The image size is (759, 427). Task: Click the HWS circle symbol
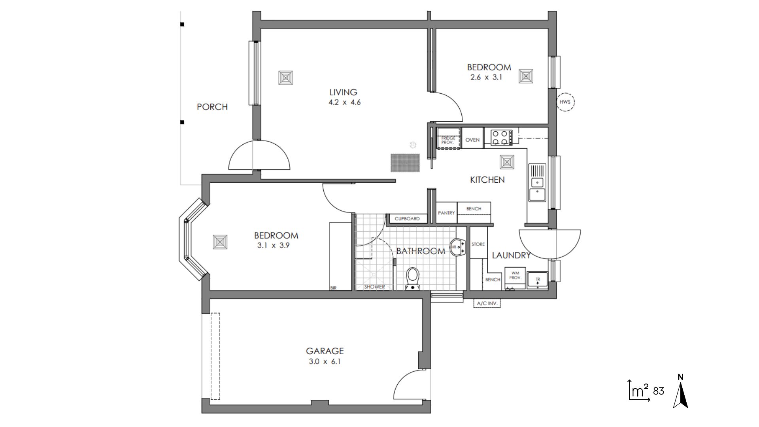point(565,102)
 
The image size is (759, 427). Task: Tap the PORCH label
point(212,107)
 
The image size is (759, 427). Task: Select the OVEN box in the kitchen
point(472,140)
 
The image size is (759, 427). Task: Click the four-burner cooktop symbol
point(501,138)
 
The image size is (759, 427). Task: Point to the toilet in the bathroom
point(413,278)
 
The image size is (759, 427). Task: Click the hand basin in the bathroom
point(457,247)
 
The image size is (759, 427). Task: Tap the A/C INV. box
point(487,304)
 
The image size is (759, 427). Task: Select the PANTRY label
point(446,213)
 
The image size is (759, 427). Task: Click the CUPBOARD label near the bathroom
point(407,219)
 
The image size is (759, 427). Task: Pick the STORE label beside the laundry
point(478,244)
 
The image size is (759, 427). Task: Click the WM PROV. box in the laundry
point(515,276)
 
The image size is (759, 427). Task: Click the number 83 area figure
point(659,391)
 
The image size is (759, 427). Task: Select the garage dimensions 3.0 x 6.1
point(325,361)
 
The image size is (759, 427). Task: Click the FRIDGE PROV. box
point(448,140)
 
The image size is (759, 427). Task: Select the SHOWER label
point(374,287)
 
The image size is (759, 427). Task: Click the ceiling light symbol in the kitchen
point(507,162)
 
